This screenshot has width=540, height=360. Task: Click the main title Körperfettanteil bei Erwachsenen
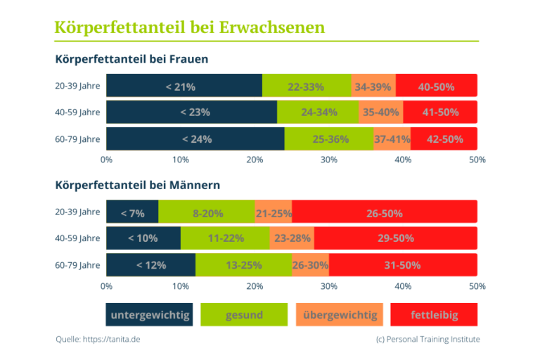(190, 27)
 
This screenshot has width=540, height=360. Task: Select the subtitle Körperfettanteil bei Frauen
(131, 60)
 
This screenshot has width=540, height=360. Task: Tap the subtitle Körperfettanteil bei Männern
(138, 186)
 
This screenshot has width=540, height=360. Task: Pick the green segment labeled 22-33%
(306, 87)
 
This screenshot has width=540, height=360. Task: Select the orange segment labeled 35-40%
(380, 112)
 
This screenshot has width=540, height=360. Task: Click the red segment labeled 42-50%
(444, 139)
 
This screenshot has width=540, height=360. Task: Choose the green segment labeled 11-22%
(226, 238)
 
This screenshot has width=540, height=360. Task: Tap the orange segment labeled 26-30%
(310, 265)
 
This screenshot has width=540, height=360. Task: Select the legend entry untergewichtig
(149, 315)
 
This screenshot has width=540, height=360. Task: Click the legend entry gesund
(244, 315)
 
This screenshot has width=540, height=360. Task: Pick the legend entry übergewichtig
(340, 315)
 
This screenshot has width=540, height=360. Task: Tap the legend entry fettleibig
(434, 315)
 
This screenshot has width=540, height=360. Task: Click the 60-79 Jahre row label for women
(77, 139)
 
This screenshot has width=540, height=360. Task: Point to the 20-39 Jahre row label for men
(77, 212)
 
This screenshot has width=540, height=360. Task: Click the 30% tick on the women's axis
(328, 160)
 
